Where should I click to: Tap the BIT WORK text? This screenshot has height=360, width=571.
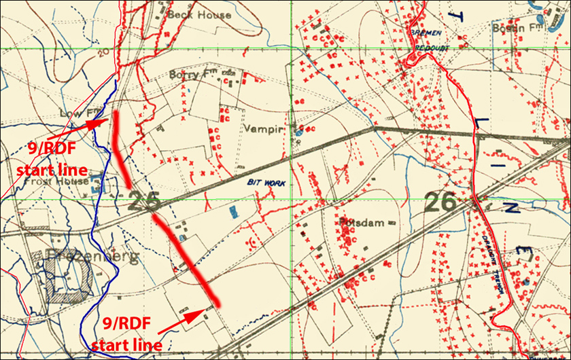click(266, 183)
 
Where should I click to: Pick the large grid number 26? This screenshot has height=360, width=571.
click(440, 201)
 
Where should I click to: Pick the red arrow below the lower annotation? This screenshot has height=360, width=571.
click(185, 317)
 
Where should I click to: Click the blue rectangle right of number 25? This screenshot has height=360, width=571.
click(234, 211)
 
